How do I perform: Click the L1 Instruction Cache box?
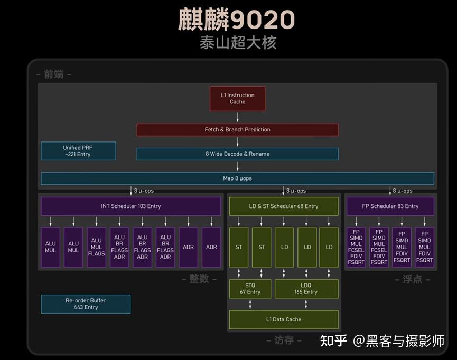[237, 99]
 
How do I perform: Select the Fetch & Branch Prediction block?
[237, 130]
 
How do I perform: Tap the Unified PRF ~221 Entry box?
[78, 151]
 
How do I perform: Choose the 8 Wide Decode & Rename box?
[237, 154]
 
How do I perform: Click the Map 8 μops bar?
[237, 178]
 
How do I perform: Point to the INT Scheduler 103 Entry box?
[130, 206]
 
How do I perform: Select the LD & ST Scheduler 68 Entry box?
[283, 206]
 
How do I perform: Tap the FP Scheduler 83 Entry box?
[390, 206]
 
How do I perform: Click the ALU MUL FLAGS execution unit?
[96, 247]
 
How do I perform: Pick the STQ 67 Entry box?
[250, 289]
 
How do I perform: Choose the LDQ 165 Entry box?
[306, 289]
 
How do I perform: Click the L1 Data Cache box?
[283, 319]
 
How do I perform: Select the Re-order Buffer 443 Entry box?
[86, 304]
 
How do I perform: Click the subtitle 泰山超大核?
[238, 43]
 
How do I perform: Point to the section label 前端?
[53, 74]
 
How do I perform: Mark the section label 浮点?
[412, 279]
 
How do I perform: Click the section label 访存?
[284, 340]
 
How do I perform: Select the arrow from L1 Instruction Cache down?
[237, 117]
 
